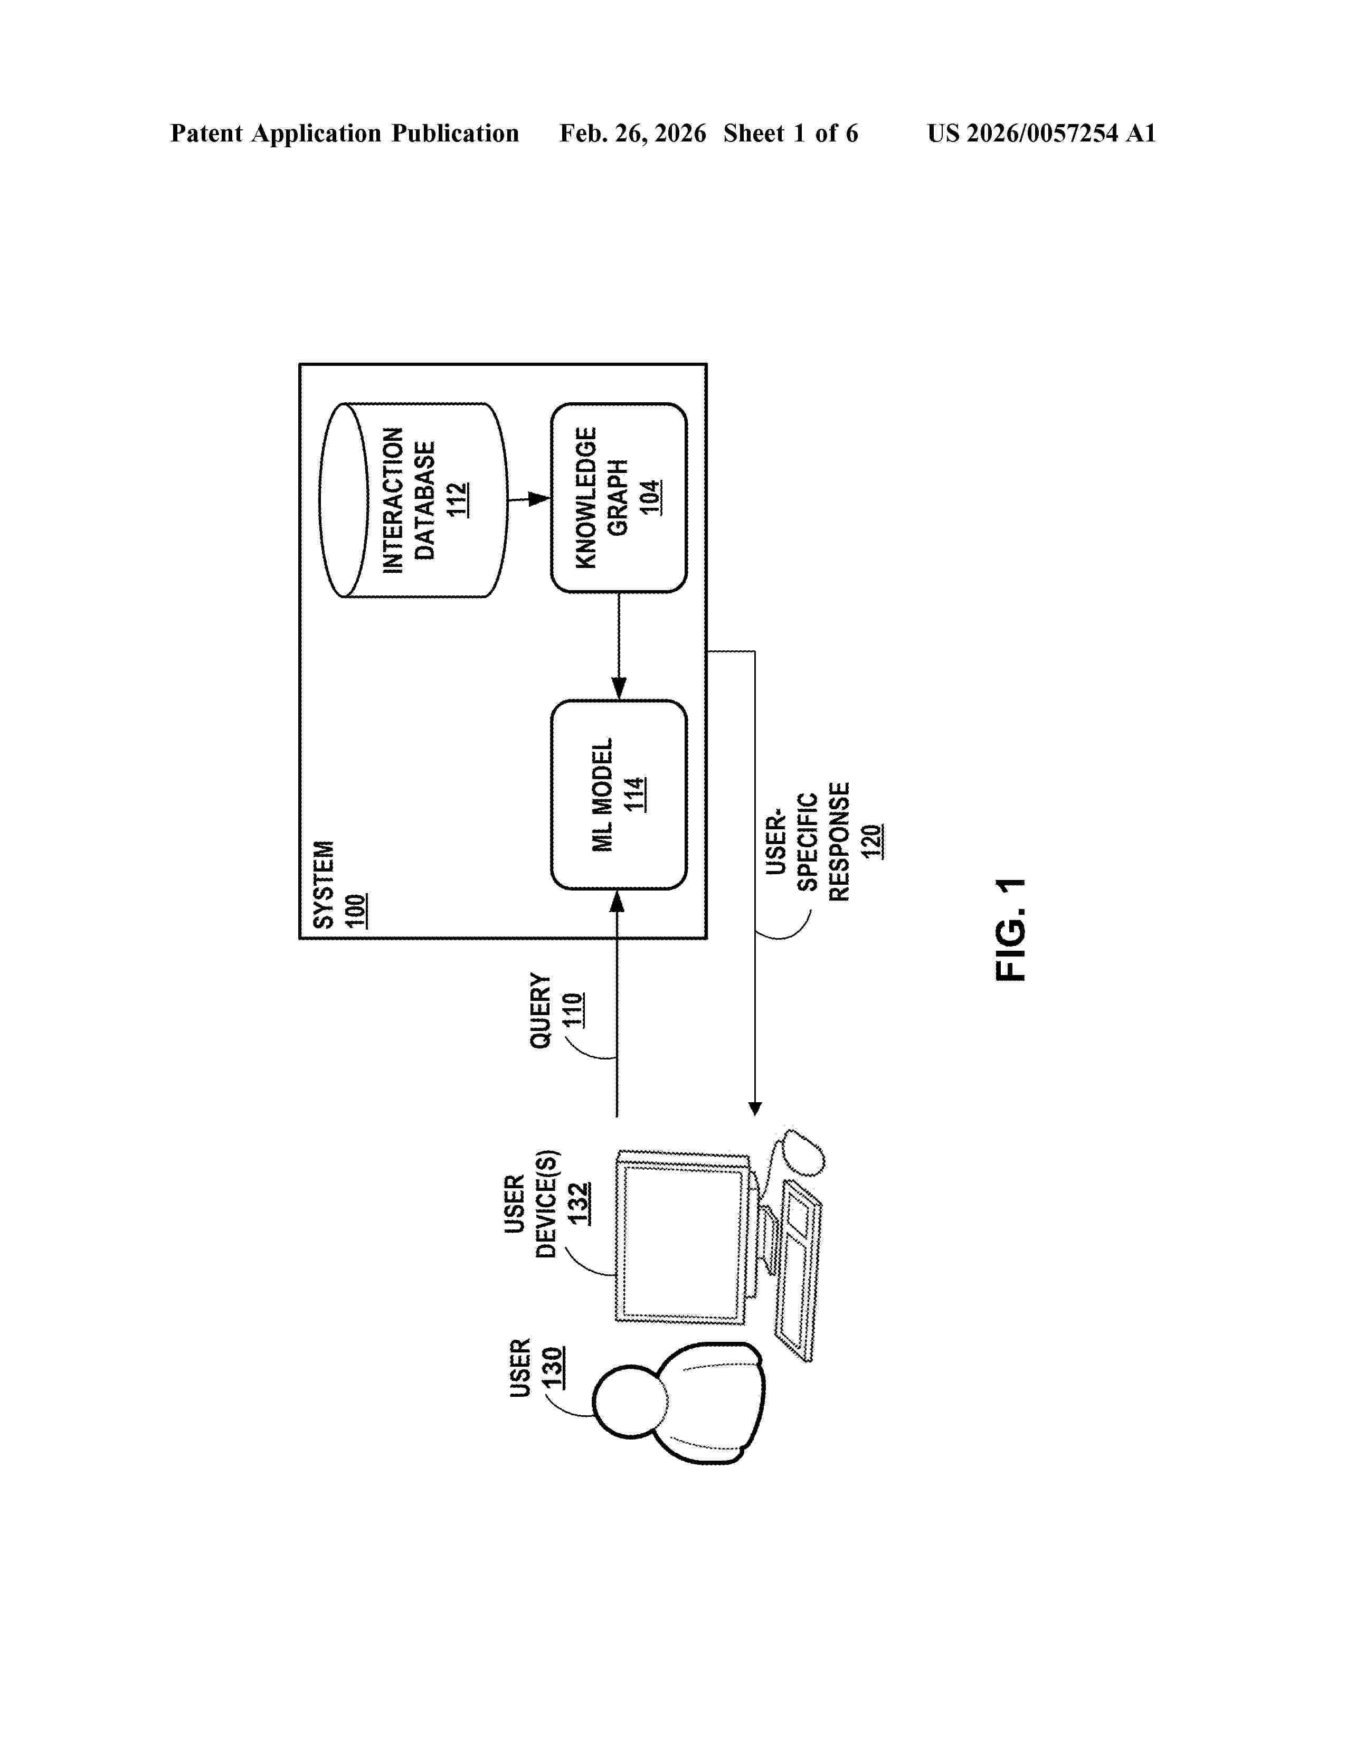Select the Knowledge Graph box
click(x=618, y=498)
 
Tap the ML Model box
click(x=618, y=794)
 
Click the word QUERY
click(x=541, y=1010)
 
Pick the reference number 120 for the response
click(x=871, y=841)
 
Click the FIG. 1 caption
click(x=1011, y=929)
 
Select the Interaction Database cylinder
click(x=413, y=500)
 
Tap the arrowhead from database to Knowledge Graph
click(x=540, y=499)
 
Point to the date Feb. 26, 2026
click(x=632, y=133)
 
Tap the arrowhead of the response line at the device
click(x=755, y=1109)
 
